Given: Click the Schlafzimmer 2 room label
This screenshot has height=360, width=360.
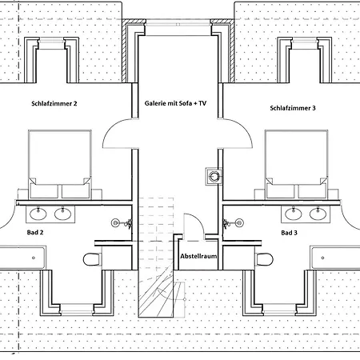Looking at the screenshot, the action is pos(54,103).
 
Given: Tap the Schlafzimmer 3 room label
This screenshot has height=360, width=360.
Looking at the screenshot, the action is pos(293,108).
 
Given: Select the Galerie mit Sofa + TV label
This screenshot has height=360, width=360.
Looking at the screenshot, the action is pos(175,103).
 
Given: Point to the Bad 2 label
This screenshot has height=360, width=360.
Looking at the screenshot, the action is pos(35,232).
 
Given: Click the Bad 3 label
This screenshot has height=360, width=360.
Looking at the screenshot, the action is pos(289,233).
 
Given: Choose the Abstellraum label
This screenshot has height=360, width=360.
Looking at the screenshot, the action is pos(198,256).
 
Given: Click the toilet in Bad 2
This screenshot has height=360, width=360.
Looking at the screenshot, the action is pos(92,259).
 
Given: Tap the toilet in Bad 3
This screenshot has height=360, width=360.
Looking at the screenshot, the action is pos(264,259).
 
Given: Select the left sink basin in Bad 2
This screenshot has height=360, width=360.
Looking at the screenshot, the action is pos(38,214).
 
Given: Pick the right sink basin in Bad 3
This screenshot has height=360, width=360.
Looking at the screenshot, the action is pos(318,214).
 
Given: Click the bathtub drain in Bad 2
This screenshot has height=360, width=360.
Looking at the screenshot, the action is pos(34,258).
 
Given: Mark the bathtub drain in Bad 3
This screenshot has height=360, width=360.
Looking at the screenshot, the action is pos(322,258).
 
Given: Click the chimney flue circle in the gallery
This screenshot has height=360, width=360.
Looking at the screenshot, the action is pos(214,176).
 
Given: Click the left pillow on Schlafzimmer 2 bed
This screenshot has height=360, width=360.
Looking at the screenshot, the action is pos(44,191).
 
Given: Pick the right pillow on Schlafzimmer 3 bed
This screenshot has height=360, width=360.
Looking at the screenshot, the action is pos(312,191).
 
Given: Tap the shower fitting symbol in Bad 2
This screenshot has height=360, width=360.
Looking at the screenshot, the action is pos(122,222).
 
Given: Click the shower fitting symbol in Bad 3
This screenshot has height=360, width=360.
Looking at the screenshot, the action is pos(234,222).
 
